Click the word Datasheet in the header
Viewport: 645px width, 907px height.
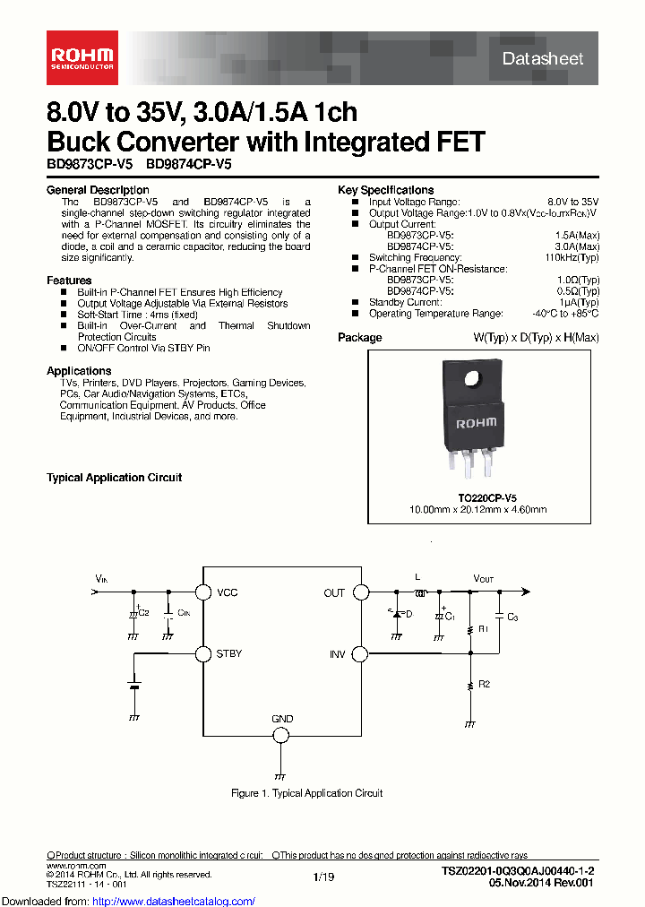point(543,59)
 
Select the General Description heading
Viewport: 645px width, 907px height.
point(98,190)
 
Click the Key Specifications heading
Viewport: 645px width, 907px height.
point(385,190)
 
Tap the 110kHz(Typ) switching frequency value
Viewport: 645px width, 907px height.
point(572,257)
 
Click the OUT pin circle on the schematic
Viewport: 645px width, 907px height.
point(360,592)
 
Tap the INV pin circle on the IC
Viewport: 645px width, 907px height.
point(360,654)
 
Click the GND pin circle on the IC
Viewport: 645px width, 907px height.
point(281,735)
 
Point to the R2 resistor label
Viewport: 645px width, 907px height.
point(484,684)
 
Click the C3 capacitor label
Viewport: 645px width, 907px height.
point(512,618)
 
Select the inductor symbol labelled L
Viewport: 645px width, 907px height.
point(419,592)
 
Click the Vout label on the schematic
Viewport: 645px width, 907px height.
point(484,579)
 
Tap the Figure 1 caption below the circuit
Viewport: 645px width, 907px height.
point(306,793)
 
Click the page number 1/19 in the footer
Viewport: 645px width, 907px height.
point(323,877)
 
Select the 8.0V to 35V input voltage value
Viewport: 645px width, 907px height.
point(573,202)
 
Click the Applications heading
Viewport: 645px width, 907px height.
point(79,371)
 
